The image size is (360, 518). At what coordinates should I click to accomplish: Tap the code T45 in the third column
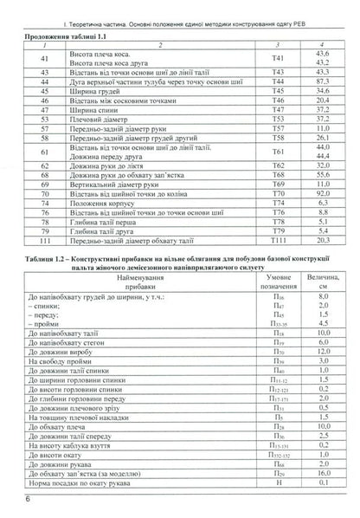click(278, 113)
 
